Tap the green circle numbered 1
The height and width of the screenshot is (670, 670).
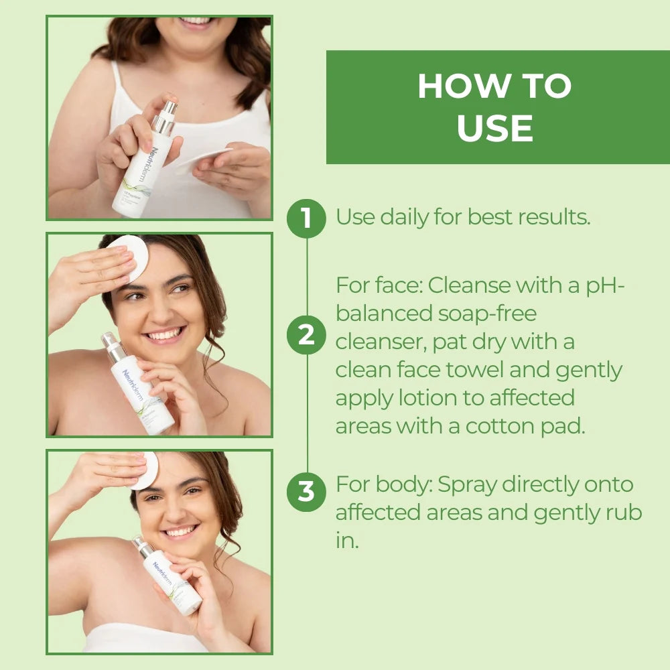point(306,218)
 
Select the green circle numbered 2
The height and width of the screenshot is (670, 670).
point(306,334)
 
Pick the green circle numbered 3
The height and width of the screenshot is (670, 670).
point(306,491)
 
